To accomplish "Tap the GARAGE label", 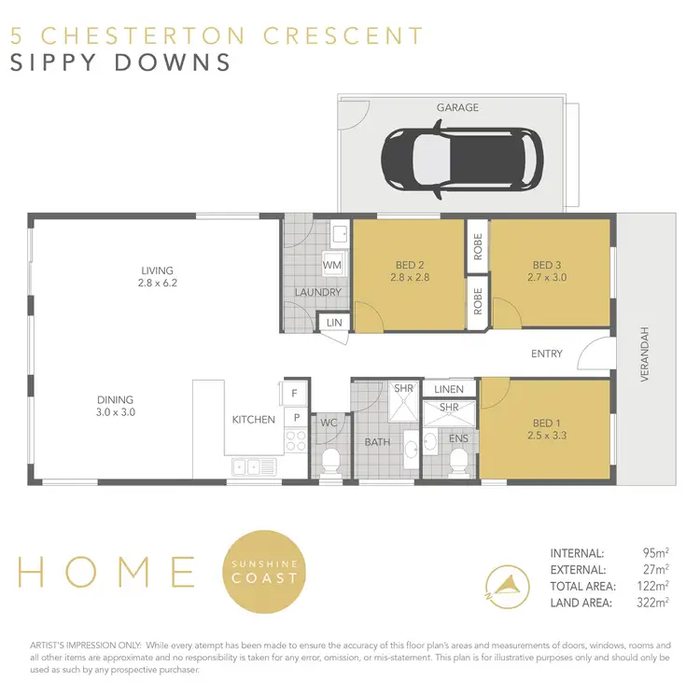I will click(457, 107).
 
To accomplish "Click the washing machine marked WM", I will click(332, 266).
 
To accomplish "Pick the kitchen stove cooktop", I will click(295, 440).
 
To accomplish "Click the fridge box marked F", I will click(294, 394).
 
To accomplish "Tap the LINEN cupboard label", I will click(449, 388).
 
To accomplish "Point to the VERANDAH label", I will click(643, 354).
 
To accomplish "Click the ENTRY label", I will click(547, 354).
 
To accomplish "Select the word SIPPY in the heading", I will click(54, 62).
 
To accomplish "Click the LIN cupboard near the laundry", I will click(334, 323).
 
